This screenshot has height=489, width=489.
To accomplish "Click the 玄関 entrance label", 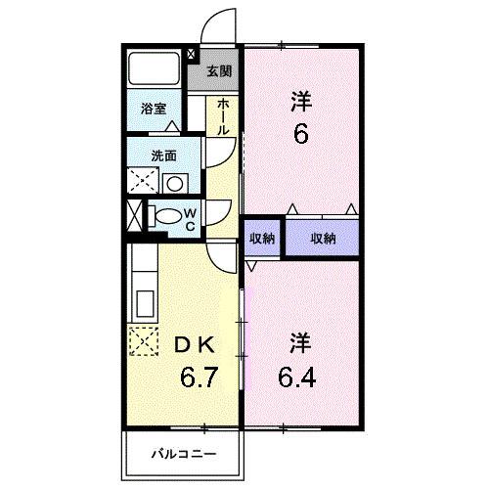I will click(220, 70).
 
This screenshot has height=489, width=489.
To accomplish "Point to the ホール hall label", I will click(224, 116).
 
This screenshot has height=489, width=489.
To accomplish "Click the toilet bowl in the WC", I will click(169, 214).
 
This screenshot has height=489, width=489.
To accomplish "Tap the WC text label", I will click(192, 215).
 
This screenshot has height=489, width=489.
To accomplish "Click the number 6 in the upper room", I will click(300, 132).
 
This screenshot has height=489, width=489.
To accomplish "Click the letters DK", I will click(194, 344).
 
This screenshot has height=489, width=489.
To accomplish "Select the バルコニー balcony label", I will click(182, 454).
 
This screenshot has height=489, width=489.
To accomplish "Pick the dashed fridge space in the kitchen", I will click(144, 340).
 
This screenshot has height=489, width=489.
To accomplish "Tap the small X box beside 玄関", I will click(191, 56).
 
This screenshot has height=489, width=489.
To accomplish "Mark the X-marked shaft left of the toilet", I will click(134, 213).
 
